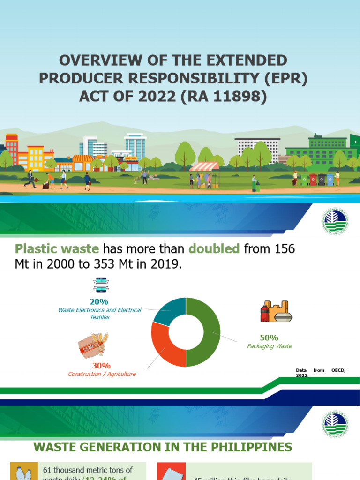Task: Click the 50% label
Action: (269, 337)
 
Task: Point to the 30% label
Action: (101, 365)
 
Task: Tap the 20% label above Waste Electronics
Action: (99, 301)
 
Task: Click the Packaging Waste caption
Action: (270, 346)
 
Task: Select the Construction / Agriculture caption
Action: (102, 374)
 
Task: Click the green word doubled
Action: (214, 249)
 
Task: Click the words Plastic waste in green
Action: (57, 249)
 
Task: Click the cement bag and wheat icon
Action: (93, 344)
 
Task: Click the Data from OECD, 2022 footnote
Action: (321, 373)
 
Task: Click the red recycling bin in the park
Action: (313, 180)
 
